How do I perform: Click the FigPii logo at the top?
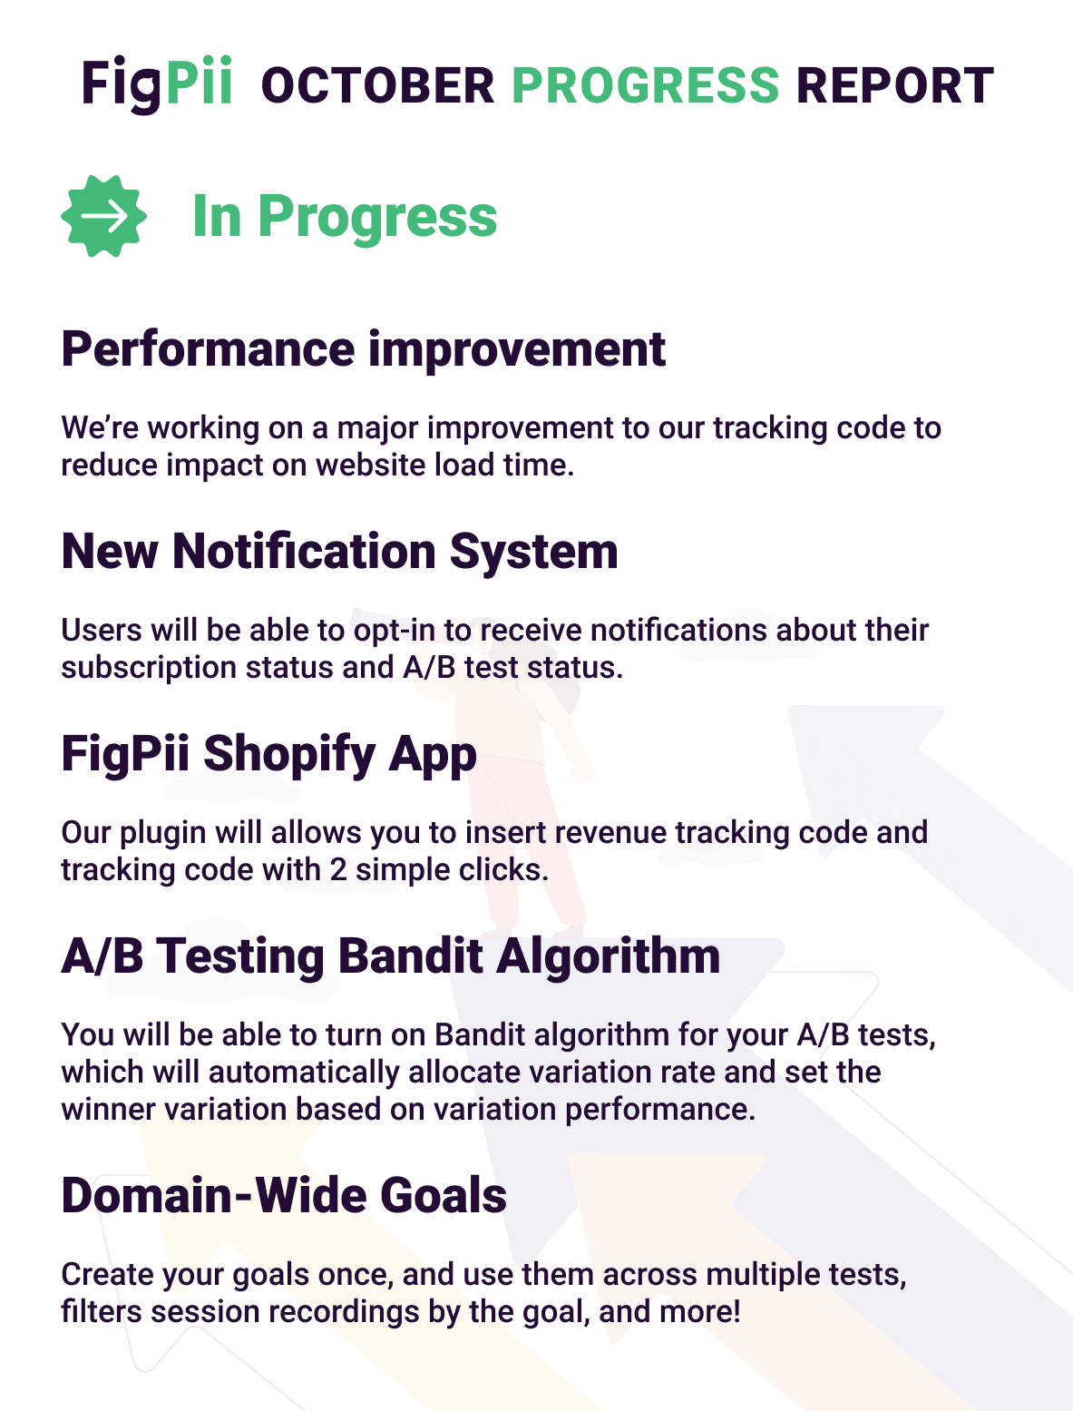point(156,84)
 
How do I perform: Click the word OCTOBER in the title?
point(378,85)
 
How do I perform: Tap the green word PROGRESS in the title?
point(645,85)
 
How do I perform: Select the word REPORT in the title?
point(895,85)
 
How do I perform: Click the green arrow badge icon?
point(103,217)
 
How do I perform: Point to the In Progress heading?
point(345,217)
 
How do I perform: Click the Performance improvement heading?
point(363,350)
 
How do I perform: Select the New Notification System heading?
point(339,552)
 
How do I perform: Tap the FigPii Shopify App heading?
point(268,755)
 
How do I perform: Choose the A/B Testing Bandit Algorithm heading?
point(391,956)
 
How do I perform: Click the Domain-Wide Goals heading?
point(284,1196)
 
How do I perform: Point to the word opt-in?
point(394,631)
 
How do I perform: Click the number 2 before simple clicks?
point(338,870)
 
